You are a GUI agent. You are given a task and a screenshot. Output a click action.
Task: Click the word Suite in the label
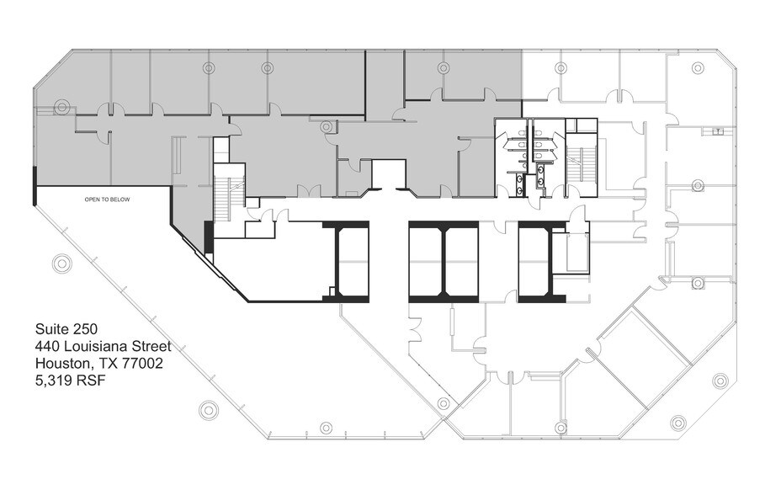click(50, 328)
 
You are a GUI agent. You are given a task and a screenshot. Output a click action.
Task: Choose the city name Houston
click(63, 363)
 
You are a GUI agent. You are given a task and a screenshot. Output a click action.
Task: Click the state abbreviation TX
click(108, 363)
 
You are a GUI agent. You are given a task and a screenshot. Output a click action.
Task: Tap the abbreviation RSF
click(91, 381)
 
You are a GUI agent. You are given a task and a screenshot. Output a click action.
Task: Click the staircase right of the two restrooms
click(582, 164)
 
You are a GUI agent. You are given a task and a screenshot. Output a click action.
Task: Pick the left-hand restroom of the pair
click(513, 157)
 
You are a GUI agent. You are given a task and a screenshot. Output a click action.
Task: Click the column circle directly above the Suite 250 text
click(62, 263)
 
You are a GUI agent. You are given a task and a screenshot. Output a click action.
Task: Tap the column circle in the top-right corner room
click(698, 67)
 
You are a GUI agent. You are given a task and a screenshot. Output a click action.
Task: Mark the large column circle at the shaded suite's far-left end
click(61, 106)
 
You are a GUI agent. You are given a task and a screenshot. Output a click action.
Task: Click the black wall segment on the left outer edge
click(35, 185)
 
